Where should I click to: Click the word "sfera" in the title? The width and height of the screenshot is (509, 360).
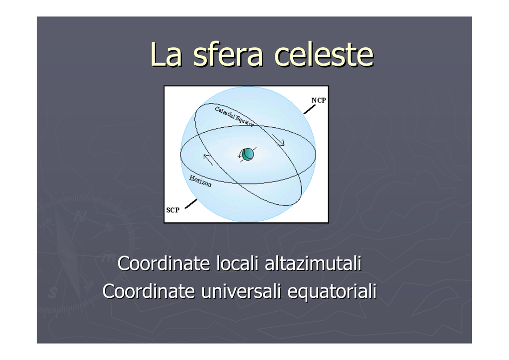click(228, 55)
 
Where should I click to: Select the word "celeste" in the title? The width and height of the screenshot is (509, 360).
click(324, 55)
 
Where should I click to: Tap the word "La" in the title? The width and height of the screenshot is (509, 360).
click(166, 55)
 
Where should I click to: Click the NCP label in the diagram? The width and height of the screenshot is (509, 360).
click(319, 100)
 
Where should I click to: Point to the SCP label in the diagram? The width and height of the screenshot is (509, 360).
click(172, 210)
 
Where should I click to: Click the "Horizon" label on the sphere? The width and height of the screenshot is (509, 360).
click(200, 181)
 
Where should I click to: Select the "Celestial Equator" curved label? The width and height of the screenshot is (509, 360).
click(234, 116)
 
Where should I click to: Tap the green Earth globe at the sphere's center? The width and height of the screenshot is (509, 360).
click(248, 154)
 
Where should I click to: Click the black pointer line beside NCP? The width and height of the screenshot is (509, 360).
click(309, 109)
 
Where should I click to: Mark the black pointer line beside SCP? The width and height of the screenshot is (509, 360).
click(191, 204)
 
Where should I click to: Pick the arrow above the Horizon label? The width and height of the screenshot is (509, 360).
click(208, 160)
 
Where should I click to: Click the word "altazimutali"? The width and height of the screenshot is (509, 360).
click(313, 263)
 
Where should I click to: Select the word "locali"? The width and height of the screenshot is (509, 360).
click(237, 263)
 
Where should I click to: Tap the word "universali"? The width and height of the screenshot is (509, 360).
click(241, 291)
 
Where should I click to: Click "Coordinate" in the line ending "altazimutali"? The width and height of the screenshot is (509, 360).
click(164, 263)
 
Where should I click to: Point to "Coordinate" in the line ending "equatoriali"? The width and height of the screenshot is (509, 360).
click(149, 291)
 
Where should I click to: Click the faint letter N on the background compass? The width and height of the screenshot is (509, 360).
click(80, 216)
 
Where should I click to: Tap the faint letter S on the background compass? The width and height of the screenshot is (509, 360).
click(52, 292)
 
